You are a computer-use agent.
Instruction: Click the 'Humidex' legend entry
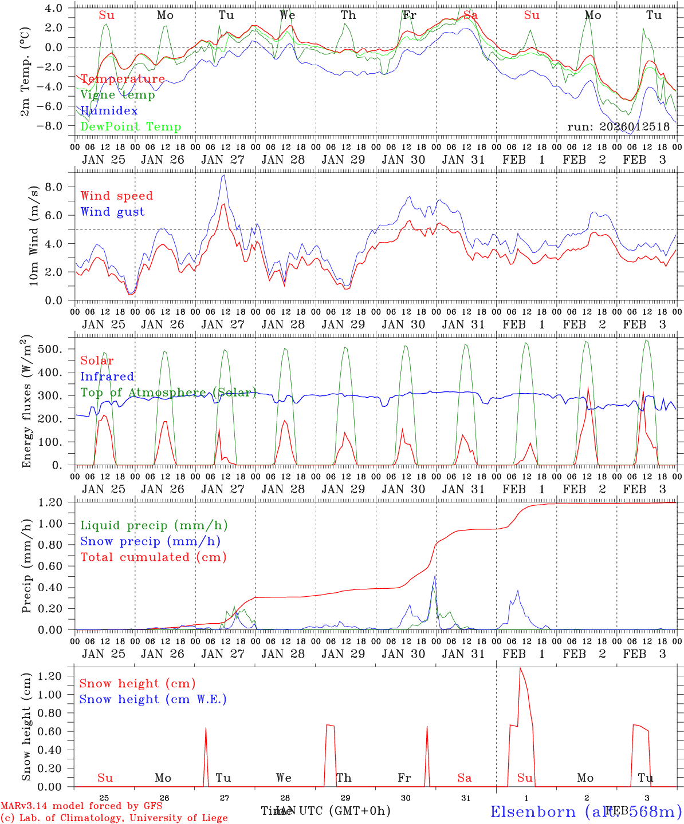tap(109, 111)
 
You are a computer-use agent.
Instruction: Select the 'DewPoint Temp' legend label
tap(131, 127)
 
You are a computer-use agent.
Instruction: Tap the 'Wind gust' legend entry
tap(112, 212)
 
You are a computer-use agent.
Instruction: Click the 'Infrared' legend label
tap(107, 377)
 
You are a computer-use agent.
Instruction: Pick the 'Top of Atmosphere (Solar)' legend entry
tap(168, 393)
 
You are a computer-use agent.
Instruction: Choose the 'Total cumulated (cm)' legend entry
tap(153, 557)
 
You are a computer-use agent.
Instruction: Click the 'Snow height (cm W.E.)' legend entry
tap(152, 699)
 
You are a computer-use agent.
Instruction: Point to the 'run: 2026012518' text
tap(618, 127)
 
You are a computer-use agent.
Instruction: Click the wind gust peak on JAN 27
tap(223, 175)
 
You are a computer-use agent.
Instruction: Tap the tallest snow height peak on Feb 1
tap(520, 668)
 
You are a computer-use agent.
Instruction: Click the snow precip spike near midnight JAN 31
tap(435, 575)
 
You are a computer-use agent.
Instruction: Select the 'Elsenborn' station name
tap(533, 811)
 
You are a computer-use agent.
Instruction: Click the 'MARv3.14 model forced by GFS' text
tap(81, 806)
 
